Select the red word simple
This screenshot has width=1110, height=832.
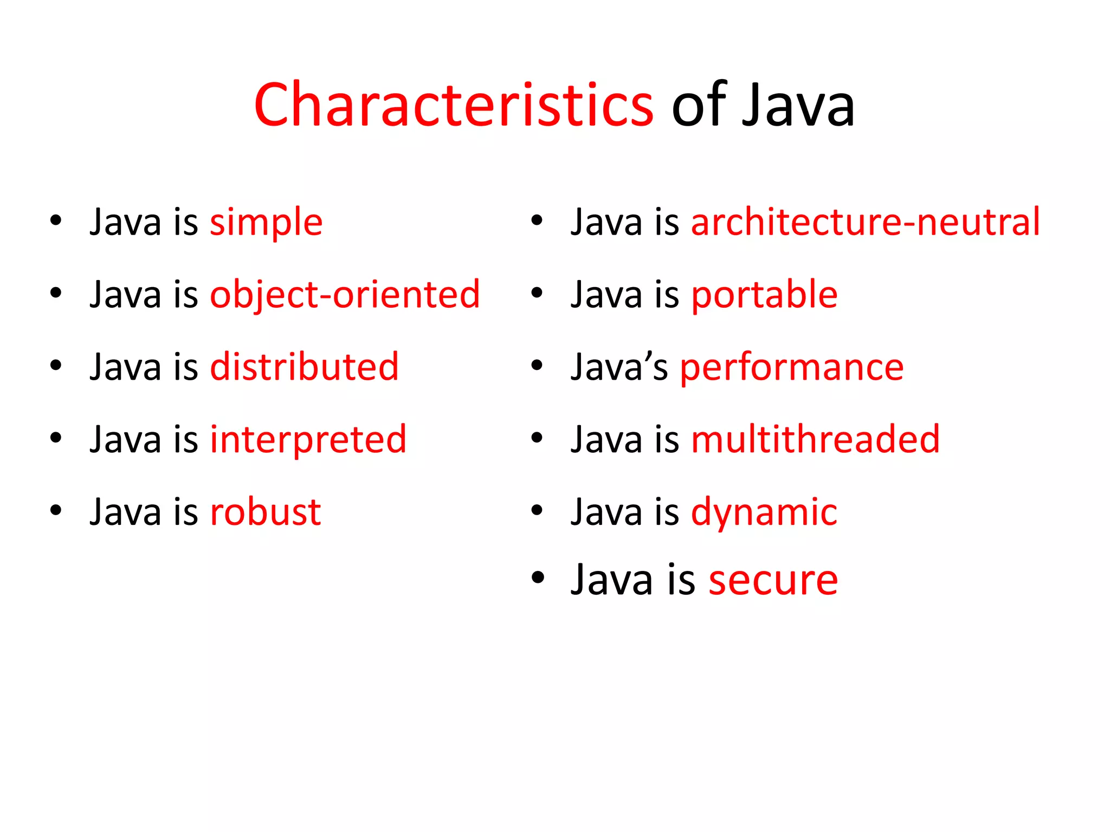[266, 223]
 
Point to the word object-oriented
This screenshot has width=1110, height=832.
[345, 295]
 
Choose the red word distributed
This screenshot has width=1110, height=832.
[304, 367]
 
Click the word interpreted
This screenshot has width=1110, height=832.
[308, 439]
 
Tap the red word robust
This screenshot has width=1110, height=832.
[266, 512]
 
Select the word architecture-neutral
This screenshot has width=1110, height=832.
[866, 222]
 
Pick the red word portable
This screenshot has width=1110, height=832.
[764, 295]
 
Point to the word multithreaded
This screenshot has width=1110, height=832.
[816, 439]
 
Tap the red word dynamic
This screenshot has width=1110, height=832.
[764, 512]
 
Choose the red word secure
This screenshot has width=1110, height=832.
[773, 580]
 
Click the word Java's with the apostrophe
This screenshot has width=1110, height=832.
[619, 367]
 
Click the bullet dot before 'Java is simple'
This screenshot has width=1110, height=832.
[56, 220]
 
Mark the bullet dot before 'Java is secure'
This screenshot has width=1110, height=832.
[538, 577]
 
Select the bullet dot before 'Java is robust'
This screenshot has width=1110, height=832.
[56, 510]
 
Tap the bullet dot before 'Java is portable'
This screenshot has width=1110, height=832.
[537, 293]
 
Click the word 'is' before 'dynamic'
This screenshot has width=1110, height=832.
[666, 512]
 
